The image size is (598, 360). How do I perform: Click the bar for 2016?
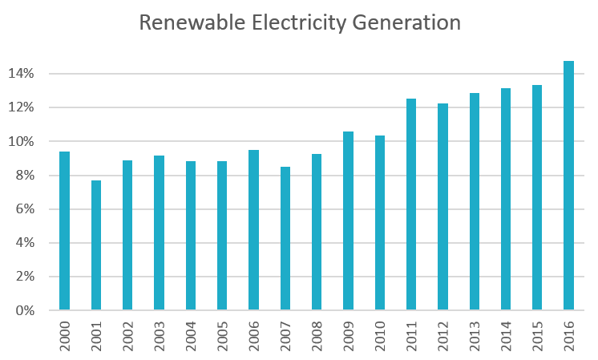click(568, 185)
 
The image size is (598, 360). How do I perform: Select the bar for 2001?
click(96, 245)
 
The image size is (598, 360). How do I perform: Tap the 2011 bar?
click(411, 204)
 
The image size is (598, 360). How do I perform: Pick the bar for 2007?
click(285, 238)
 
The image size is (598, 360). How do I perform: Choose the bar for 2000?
click(65, 230)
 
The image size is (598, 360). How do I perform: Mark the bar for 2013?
click(474, 201)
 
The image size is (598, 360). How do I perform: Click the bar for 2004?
click(191, 235)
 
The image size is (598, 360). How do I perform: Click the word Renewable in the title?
click(189, 22)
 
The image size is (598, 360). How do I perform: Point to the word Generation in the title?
click(407, 22)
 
